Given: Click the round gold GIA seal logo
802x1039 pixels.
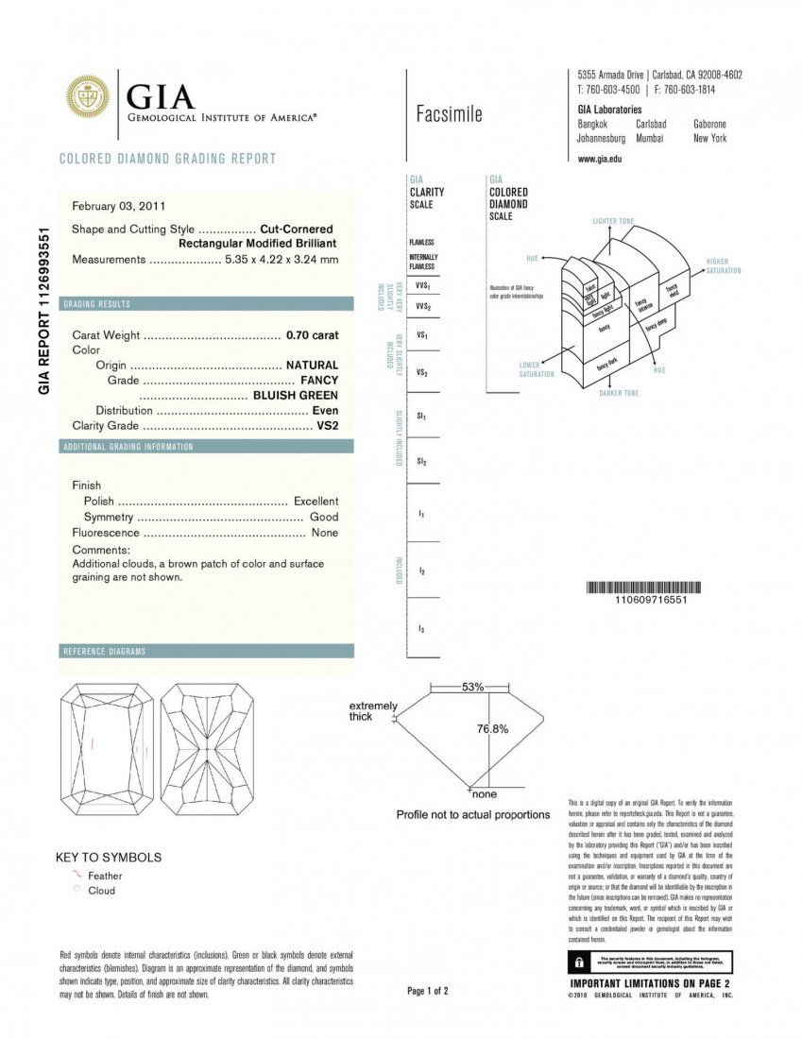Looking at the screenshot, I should (87, 97).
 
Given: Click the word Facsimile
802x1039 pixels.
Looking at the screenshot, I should (449, 115).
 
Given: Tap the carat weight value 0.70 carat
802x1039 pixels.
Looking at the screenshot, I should (312, 335).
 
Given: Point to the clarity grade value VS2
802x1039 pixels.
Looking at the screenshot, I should (327, 426).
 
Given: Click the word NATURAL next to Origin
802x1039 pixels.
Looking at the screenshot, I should (312, 365).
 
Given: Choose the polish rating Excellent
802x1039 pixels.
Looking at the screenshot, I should (316, 502).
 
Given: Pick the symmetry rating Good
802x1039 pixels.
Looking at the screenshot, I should (324, 518).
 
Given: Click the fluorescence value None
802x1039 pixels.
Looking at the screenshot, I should (324, 534).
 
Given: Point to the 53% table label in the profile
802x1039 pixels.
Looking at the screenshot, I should (473, 687).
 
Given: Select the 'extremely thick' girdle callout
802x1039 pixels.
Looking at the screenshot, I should (373, 711).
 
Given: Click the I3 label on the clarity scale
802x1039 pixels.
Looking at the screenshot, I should (421, 629).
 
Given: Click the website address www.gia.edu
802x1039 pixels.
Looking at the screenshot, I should (599, 159).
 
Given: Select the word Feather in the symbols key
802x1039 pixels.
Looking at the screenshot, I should (105, 877).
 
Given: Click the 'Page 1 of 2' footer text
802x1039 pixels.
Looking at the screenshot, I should (428, 991).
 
